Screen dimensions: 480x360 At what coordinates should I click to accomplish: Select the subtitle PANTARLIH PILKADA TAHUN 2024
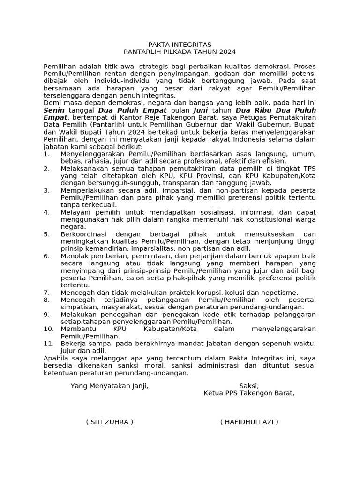tap(180, 52)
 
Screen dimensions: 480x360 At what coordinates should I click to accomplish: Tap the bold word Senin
tap(54, 110)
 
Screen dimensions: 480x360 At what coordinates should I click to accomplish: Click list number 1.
tap(46, 154)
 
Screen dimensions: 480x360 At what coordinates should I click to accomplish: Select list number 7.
tap(46, 292)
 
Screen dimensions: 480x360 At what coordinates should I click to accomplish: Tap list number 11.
tap(49, 343)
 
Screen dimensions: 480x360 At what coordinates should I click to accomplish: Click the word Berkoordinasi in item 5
tap(84, 234)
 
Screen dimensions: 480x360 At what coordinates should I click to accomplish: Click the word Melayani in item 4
tap(75, 212)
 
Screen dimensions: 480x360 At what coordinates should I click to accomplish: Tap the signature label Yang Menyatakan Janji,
tap(109, 386)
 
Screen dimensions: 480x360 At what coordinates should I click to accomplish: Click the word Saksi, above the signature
tap(249, 386)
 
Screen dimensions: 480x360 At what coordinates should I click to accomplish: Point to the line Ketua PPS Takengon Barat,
tap(249, 393)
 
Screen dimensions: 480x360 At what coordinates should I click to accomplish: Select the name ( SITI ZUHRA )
tap(109, 422)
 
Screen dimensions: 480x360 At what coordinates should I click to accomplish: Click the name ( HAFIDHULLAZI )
tap(249, 422)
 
